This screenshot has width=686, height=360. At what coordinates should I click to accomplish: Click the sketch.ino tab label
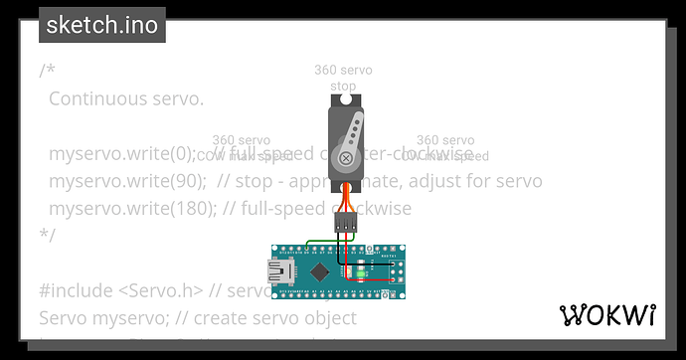pos(102,25)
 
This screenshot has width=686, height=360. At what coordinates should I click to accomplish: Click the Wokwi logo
pos(608,315)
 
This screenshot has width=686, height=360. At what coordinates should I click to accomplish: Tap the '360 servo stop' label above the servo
pos(342,79)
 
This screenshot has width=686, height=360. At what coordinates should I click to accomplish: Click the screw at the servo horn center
pos(345,157)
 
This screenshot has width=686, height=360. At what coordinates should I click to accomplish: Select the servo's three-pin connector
pos(345,224)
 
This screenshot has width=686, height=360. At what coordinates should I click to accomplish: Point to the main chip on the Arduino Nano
pos(319,271)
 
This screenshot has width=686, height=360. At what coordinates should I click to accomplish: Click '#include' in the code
pos(69,291)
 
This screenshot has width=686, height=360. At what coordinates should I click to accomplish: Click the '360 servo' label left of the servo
pos(241,140)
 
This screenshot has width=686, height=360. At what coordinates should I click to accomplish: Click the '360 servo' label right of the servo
pos(444,140)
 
